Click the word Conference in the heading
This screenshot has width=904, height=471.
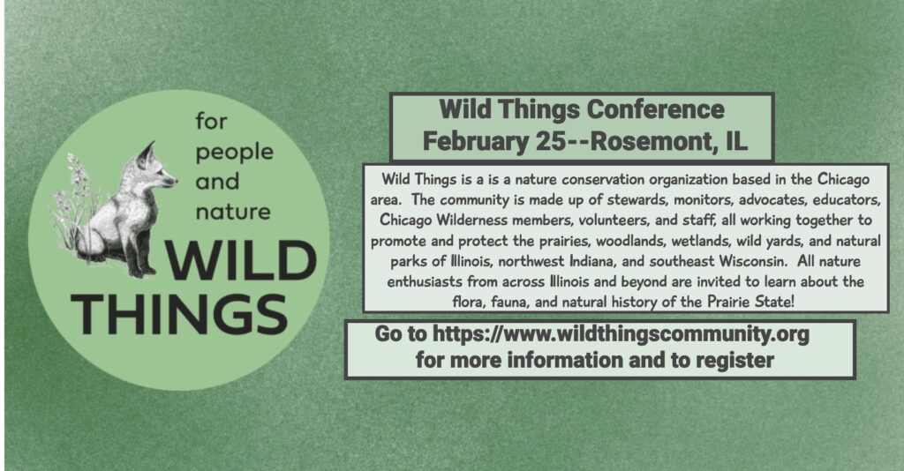(x=655, y=109)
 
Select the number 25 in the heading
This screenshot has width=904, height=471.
(x=551, y=141)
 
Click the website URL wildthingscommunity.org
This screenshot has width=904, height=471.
(x=621, y=334)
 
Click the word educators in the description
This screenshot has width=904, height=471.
(x=847, y=200)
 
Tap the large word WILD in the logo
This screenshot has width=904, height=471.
(x=241, y=260)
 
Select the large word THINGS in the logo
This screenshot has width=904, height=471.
(x=179, y=314)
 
